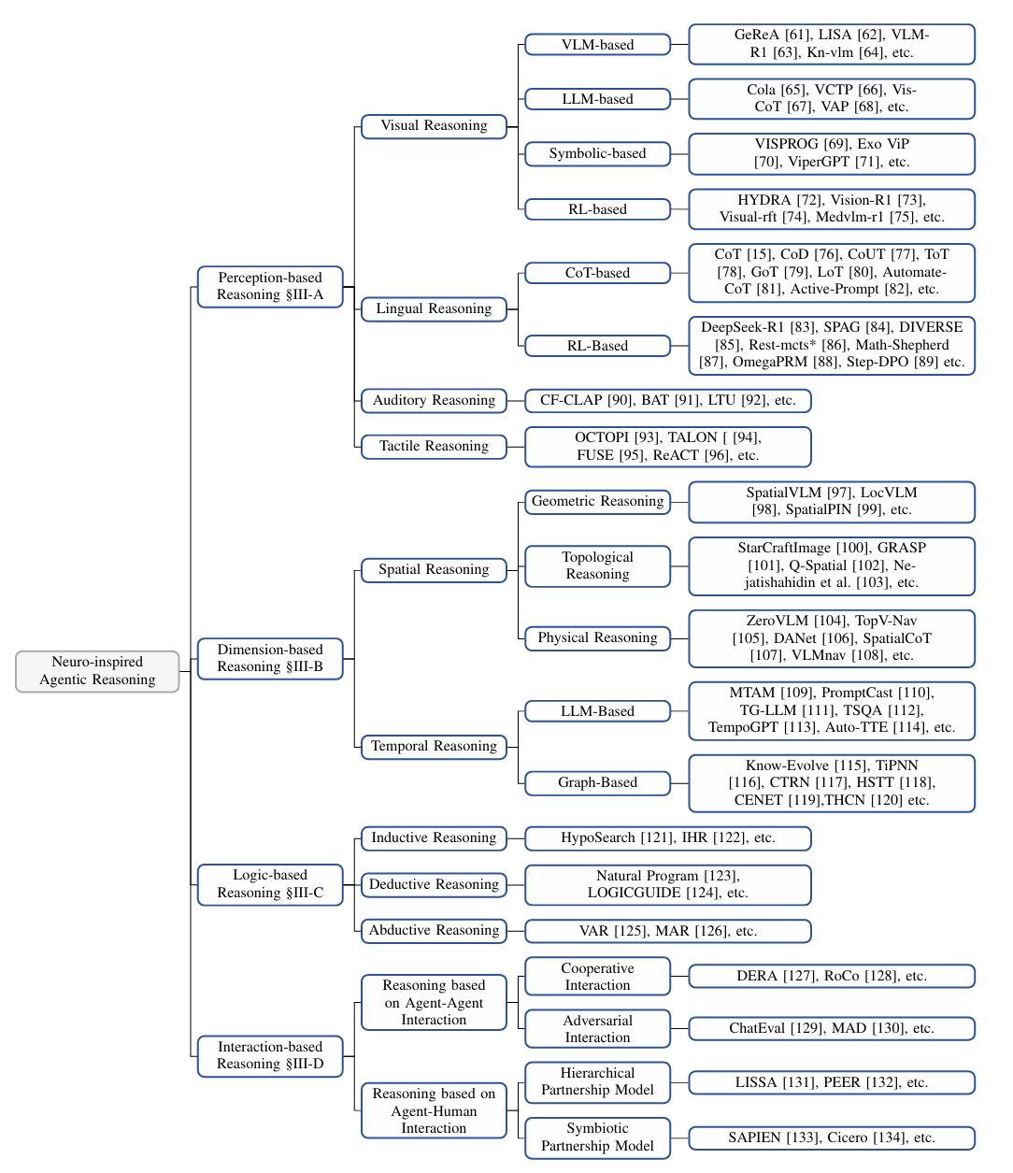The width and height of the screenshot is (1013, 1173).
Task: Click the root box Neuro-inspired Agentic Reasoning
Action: tap(97, 671)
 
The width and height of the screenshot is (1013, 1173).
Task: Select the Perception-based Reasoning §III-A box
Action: tap(270, 287)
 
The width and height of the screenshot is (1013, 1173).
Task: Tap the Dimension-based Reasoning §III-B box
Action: tap(270, 658)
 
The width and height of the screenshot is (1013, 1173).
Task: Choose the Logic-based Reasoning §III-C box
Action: tap(270, 884)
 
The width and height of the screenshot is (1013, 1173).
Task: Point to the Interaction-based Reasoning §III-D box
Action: tap(270, 1055)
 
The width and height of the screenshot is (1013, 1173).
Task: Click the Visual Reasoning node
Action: tap(435, 126)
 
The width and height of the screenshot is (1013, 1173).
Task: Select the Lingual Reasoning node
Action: tap(435, 309)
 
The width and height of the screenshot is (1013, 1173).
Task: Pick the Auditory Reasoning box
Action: tap(435, 401)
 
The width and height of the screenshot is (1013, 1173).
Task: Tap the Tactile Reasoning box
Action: tap(435, 447)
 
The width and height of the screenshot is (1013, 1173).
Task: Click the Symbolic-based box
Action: tap(597, 154)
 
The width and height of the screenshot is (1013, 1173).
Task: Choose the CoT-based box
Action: tap(597, 273)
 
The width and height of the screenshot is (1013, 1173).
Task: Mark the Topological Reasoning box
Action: tap(597, 565)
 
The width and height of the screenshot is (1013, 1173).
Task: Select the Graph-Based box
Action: tap(597, 783)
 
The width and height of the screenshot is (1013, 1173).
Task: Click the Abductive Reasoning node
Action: tap(435, 931)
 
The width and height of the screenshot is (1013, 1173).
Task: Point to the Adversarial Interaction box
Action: tap(597, 1028)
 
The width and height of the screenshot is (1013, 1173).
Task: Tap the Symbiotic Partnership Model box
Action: tap(597, 1137)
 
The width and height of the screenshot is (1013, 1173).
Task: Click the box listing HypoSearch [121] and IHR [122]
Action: tap(668, 838)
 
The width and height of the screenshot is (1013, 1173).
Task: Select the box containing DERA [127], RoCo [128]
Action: tap(832, 976)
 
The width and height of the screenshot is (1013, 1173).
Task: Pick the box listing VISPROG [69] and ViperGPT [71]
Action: tap(832, 154)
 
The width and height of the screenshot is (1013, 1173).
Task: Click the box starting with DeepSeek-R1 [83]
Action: tap(832, 346)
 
